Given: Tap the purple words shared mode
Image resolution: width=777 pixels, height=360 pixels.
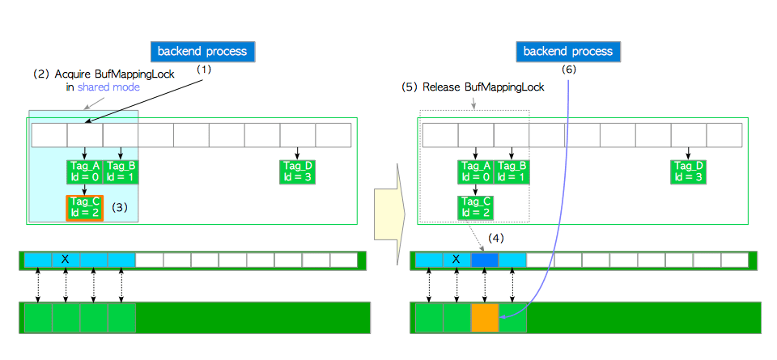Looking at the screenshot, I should click(x=108, y=87).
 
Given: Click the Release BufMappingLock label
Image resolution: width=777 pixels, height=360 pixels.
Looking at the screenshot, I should click(x=484, y=87).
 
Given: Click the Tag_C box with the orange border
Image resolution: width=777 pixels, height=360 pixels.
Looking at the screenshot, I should click(x=84, y=208).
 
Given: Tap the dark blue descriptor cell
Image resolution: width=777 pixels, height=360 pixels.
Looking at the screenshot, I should click(x=485, y=260).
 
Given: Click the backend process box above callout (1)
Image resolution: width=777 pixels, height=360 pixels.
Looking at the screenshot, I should click(x=203, y=51).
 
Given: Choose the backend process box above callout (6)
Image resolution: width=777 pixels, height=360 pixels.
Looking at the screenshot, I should click(x=568, y=51).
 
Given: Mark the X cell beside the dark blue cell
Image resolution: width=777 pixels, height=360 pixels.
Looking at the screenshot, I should click(x=457, y=260).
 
